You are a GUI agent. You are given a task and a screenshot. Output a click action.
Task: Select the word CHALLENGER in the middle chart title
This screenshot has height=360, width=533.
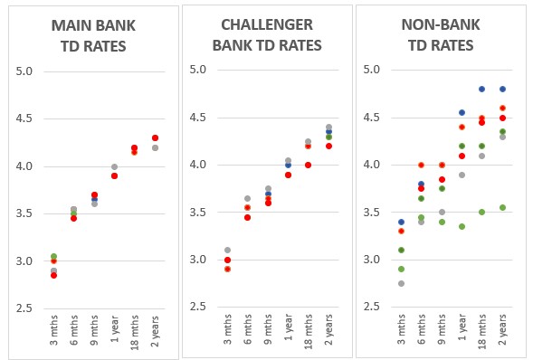(x=267, y=24)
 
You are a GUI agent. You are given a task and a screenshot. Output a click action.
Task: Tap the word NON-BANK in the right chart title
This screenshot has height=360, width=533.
(x=441, y=24)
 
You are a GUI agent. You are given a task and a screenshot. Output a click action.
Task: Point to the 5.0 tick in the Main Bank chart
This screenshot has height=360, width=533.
(x=24, y=71)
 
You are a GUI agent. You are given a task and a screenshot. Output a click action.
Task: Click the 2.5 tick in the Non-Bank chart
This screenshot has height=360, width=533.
(x=372, y=307)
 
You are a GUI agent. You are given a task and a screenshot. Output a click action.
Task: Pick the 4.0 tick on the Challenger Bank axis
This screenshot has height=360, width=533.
(x=198, y=165)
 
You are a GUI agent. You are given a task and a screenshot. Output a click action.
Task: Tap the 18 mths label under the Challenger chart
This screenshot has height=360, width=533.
(x=309, y=331)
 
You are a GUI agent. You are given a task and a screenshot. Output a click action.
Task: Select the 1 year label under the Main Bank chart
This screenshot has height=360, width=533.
(x=115, y=328)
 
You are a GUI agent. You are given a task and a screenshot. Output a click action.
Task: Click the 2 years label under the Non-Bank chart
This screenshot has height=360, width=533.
(x=502, y=329)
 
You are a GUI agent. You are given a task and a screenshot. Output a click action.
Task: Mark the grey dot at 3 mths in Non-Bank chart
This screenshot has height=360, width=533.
(x=401, y=284)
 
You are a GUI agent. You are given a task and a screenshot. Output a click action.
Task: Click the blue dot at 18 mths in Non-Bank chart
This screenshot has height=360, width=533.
(x=481, y=90)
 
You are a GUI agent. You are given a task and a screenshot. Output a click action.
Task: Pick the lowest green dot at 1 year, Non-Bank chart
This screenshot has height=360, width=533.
(x=462, y=226)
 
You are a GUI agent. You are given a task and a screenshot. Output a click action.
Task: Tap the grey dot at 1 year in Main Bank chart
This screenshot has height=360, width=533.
(x=114, y=166)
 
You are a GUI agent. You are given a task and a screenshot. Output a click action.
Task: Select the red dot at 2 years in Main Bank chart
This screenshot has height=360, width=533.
(x=155, y=137)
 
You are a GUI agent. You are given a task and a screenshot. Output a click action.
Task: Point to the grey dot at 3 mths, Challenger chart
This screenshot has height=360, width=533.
(x=227, y=251)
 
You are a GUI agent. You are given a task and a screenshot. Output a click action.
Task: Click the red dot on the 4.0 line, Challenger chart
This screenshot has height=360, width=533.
(x=308, y=165)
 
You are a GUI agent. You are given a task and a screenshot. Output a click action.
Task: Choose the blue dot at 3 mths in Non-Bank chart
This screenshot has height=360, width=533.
(x=401, y=223)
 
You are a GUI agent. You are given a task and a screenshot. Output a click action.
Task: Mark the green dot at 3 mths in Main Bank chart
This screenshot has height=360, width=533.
(x=53, y=256)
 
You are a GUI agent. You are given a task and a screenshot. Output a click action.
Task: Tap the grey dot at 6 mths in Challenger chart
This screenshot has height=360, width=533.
(x=247, y=198)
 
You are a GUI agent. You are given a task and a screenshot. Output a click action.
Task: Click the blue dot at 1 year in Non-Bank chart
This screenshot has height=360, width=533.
(x=462, y=112)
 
